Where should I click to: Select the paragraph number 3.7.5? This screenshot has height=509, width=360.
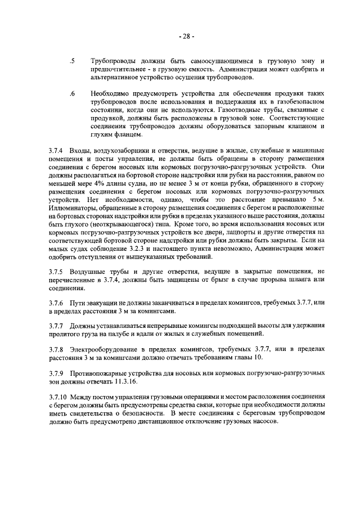(57, 272)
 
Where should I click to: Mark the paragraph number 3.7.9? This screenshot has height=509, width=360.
(57, 374)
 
